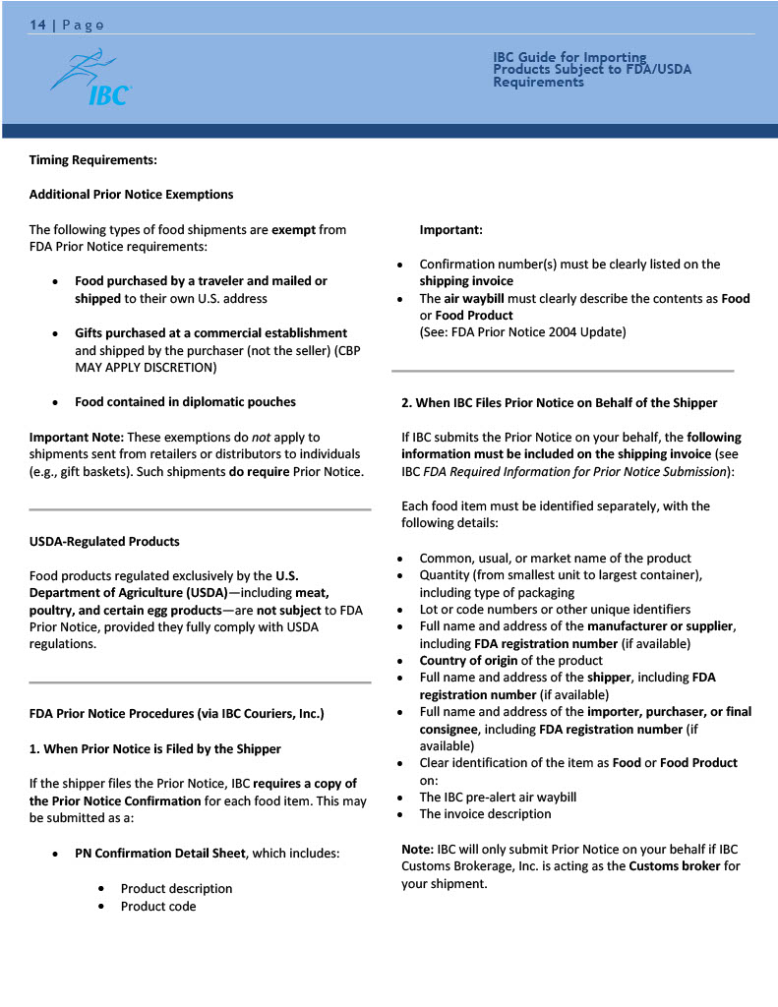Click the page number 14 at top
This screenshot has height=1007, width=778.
[37, 25]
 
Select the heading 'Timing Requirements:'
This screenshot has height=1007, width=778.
[93, 159]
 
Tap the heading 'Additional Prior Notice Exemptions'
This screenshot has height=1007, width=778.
[131, 195]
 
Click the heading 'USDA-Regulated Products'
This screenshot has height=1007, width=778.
[104, 542]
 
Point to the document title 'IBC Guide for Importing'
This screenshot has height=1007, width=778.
[569, 58]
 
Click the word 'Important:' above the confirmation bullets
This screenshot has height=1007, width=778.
[450, 230]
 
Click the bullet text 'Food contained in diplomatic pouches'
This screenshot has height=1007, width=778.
[185, 401]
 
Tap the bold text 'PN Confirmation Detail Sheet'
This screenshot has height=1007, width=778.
[159, 854]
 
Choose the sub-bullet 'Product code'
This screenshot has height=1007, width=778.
[158, 907]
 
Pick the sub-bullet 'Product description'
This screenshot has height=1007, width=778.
[176, 889]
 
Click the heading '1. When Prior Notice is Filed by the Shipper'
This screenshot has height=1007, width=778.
[154, 749]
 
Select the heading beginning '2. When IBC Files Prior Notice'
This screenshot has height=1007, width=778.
[559, 403]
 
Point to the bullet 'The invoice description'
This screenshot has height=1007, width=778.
[485, 814]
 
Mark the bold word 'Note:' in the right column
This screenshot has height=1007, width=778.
[417, 849]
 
